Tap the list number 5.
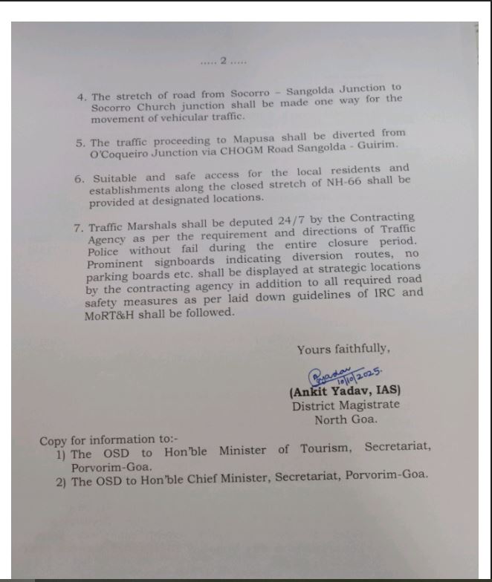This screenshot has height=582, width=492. point(80,143)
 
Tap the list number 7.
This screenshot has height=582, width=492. point(77,229)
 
